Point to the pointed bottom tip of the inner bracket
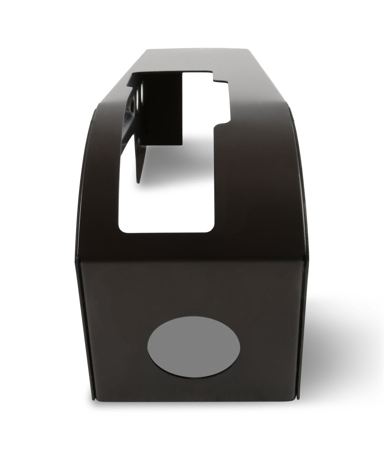point(140,182)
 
